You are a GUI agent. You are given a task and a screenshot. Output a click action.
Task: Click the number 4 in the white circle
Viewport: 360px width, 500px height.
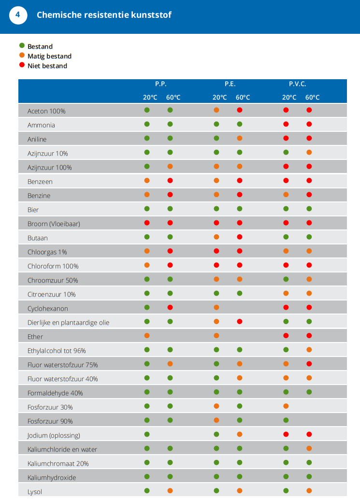point(18,15)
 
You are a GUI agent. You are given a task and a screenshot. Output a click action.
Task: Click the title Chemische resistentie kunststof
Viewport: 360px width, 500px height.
point(104,15)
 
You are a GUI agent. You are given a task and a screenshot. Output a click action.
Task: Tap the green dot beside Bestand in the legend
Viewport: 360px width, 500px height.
point(22,46)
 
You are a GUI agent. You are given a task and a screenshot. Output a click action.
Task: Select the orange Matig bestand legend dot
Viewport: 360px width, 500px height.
point(22,56)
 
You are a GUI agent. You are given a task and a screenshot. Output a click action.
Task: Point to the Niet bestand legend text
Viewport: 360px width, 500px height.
point(47,66)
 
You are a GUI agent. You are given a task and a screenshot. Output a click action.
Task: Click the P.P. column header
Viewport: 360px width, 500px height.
point(161,84)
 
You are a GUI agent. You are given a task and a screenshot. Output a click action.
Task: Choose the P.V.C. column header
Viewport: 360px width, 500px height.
point(298,84)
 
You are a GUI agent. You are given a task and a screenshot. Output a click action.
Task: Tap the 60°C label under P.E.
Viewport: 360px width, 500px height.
point(243,98)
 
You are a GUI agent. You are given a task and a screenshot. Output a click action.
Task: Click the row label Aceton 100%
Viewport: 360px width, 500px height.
point(46,111)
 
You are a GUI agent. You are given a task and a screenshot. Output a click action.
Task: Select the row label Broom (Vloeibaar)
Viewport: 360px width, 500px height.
point(54,224)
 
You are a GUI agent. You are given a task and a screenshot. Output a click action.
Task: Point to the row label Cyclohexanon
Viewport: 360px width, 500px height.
point(48,309)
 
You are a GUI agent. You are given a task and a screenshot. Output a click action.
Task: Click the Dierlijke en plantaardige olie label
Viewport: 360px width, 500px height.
point(68,323)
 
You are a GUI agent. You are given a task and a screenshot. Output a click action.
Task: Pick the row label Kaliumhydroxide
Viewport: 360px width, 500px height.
point(52,478)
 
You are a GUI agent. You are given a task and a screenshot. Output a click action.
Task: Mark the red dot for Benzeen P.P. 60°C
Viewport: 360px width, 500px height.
point(170,181)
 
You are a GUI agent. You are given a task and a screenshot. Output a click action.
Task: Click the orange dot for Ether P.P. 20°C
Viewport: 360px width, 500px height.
point(147,336)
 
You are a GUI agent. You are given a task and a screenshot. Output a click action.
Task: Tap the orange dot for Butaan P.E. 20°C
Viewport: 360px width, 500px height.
point(216,237)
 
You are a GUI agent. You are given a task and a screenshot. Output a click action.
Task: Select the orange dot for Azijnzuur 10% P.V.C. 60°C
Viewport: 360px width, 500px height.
point(309,153)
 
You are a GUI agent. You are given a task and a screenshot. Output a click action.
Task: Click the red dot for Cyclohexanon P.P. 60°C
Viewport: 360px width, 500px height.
point(170,308)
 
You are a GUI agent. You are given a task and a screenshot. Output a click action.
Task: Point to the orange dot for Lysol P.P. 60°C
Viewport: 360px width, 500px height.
point(170,491)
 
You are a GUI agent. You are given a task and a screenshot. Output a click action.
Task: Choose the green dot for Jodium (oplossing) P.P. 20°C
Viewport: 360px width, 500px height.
point(147,434)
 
